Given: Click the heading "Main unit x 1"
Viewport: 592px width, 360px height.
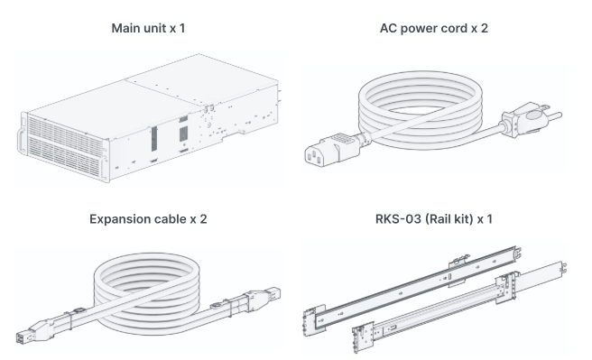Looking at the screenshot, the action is coord(148,28).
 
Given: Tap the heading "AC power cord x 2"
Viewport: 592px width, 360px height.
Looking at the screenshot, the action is coord(434,28).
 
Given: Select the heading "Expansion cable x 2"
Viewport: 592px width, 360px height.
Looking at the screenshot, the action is coord(148,219).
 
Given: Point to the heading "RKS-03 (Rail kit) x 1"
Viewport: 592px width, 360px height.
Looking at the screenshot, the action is coord(434,219).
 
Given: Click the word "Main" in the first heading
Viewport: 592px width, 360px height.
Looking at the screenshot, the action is coord(125,28).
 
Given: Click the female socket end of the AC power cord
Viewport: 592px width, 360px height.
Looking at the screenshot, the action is coord(330,150).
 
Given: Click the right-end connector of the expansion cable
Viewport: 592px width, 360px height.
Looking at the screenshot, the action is coord(264,295).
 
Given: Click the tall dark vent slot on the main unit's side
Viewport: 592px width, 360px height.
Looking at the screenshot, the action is coord(154,138).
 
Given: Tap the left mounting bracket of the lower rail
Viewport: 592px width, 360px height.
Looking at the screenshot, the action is coord(363,337).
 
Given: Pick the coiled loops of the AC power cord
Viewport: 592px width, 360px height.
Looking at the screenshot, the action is coord(421,109).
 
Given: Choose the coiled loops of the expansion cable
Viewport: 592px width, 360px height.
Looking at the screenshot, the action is coord(146,292).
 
